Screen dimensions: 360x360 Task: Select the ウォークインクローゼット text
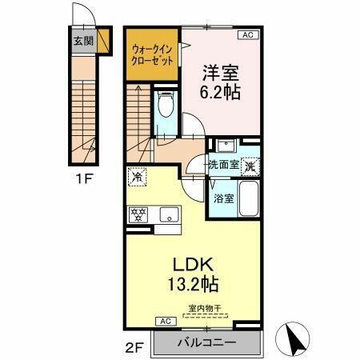tap(152, 56)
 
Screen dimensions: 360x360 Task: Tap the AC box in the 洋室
tap(246, 34)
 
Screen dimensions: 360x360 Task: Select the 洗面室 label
tap(223, 166)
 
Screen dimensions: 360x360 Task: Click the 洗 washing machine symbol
tap(251, 166)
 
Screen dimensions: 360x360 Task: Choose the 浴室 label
tap(223, 199)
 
